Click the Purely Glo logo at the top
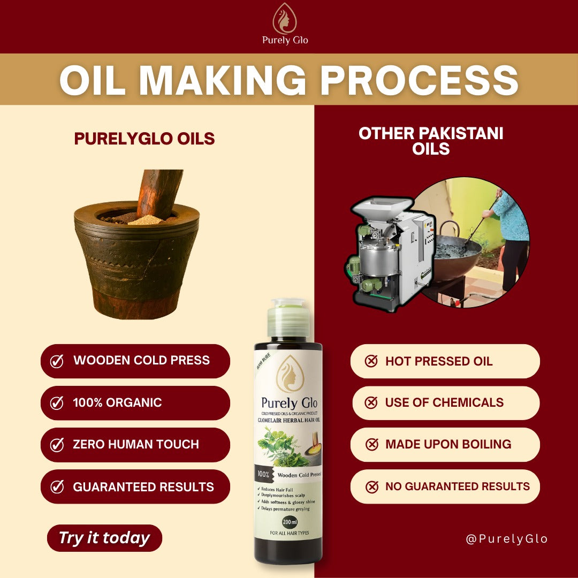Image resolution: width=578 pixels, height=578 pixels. click(285, 20)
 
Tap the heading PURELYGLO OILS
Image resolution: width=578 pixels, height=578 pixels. click(144, 139)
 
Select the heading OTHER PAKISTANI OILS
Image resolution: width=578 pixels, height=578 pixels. click(431, 141)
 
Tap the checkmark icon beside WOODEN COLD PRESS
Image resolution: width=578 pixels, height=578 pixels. click(57, 361)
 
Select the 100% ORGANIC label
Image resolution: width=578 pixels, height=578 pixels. click(117, 402)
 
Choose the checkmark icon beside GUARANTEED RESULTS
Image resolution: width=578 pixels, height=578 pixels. click(57, 486)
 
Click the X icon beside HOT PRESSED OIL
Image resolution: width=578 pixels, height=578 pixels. click(371, 361)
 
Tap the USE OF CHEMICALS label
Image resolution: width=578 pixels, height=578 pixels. click(444, 402)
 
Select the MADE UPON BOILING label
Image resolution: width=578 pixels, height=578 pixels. click(448, 444)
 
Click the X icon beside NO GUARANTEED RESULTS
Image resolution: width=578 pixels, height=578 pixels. click(371, 486)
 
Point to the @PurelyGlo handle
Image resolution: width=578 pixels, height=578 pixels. click(506, 538)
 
